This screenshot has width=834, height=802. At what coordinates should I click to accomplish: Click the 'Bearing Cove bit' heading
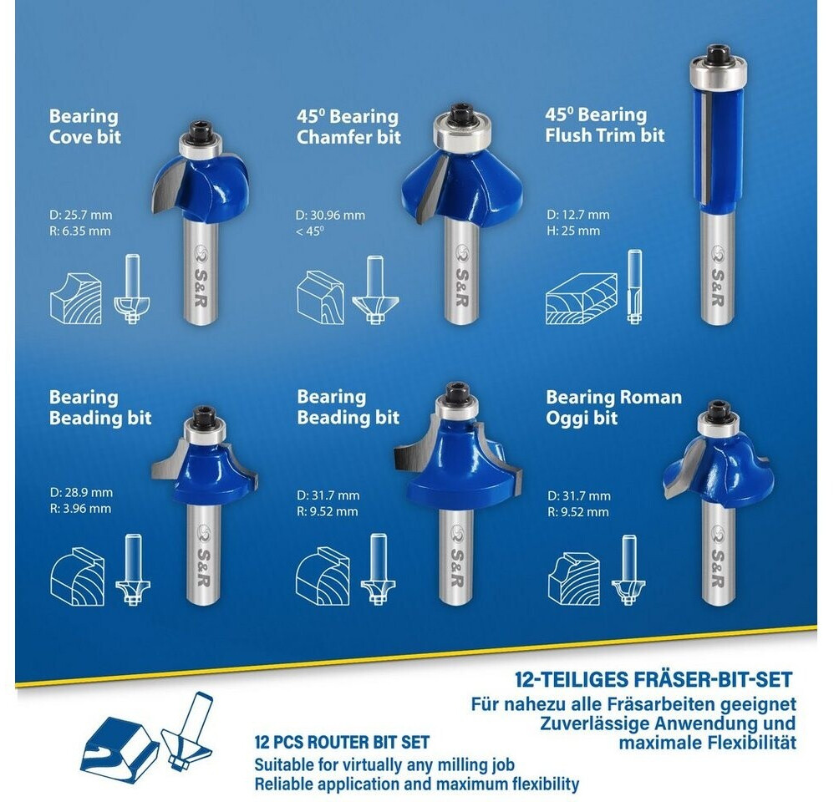[x=84, y=126]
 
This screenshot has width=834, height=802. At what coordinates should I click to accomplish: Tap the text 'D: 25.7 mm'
[x=81, y=215]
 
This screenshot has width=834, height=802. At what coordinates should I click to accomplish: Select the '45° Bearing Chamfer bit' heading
[x=348, y=126]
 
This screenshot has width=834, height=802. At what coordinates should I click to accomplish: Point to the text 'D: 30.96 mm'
[x=330, y=216]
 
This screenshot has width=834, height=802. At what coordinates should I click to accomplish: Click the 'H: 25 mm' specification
[x=573, y=231]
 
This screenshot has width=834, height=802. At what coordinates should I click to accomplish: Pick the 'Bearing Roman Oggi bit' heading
[x=613, y=407]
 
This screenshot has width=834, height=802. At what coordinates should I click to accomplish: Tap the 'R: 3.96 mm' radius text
[x=80, y=509]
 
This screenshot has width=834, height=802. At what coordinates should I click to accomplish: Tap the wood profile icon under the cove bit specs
[x=75, y=298]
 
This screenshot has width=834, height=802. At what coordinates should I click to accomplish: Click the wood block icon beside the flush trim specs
[x=582, y=299]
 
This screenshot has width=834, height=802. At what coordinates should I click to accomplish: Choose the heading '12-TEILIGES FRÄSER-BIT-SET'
[x=653, y=679]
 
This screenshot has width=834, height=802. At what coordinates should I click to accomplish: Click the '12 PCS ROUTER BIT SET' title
[x=342, y=742]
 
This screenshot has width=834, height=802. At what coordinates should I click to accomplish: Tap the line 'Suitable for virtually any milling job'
[x=384, y=764]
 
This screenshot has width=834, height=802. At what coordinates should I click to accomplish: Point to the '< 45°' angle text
[x=310, y=231]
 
